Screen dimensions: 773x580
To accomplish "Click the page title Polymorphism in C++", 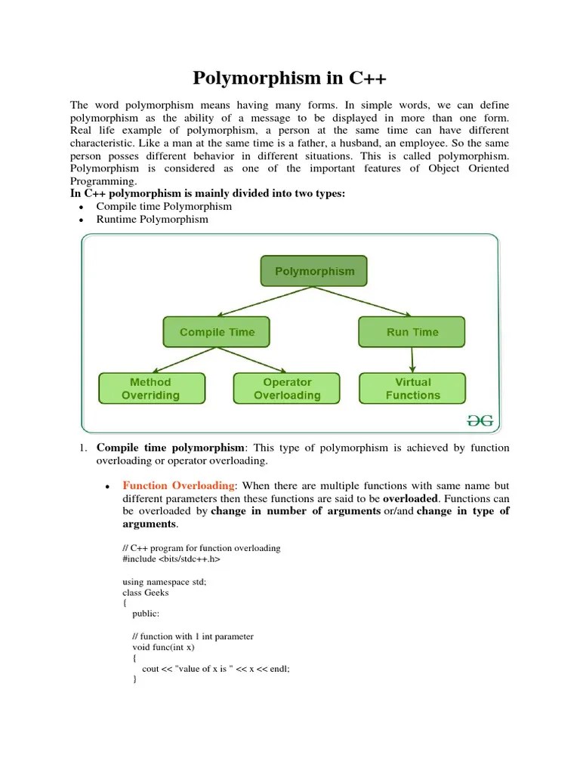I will click(x=290, y=78).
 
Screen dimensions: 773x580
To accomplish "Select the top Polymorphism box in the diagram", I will click(x=314, y=271).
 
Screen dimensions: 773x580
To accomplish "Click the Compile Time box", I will click(x=217, y=332).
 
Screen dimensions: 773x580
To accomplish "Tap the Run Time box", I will click(x=412, y=332).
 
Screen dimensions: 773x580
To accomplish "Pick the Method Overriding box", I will click(x=151, y=389).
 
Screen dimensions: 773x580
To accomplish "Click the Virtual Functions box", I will click(x=412, y=389).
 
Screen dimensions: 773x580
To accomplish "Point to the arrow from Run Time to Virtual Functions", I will click(x=412, y=359).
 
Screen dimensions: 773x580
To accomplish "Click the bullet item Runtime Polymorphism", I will click(x=152, y=220).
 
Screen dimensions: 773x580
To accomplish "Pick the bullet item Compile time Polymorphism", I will click(x=164, y=206).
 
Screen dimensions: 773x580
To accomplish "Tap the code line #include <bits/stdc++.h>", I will click(x=171, y=559).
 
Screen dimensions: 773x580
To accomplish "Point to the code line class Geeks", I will click(x=146, y=593).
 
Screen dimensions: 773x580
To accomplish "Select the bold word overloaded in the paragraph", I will click(x=410, y=499).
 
